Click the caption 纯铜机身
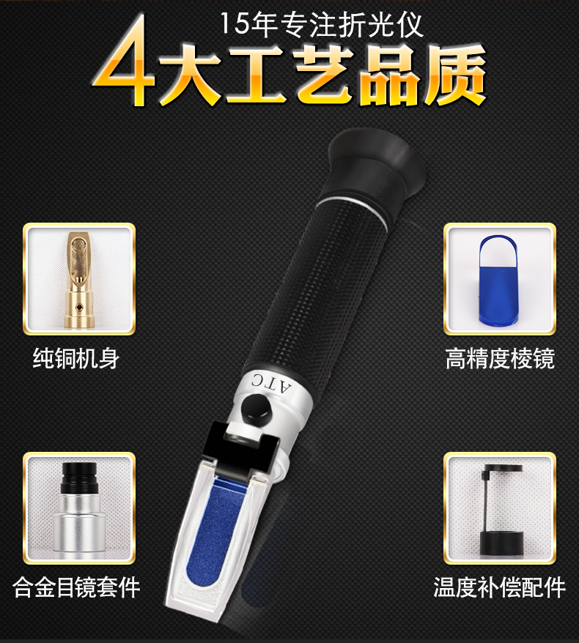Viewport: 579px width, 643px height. tap(76, 358)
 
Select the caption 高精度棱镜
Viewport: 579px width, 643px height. tap(501, 358)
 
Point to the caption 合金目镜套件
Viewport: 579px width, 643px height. tap(76, 587)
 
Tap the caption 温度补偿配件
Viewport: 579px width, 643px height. tap(500, 587)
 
